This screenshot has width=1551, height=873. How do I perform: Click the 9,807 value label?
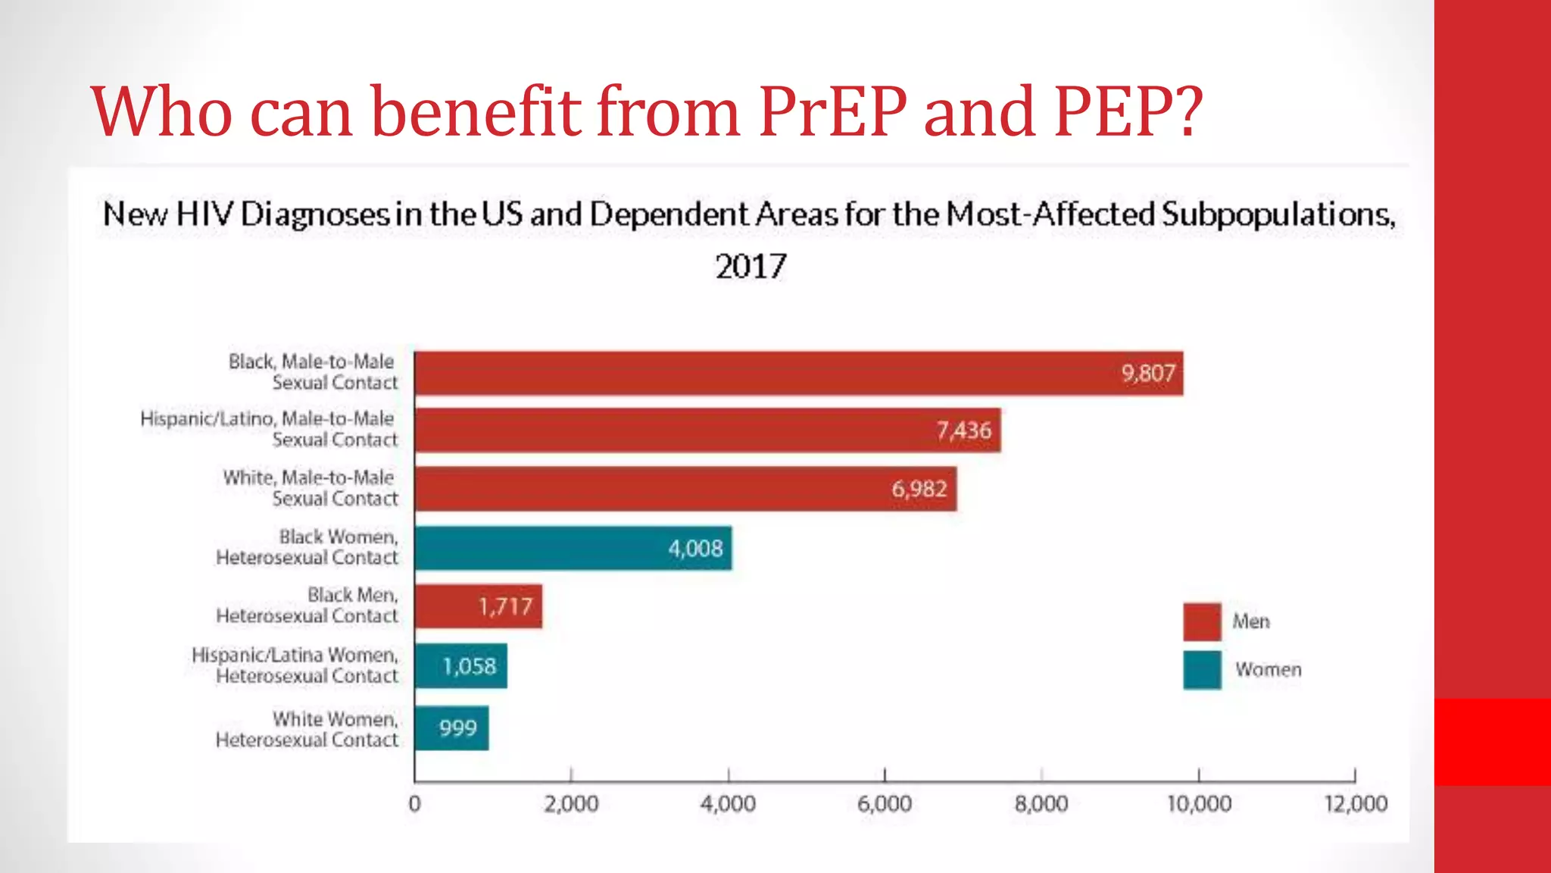(x=1148, y=373)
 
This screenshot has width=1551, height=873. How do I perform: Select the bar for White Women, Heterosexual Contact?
(x=451, y=728)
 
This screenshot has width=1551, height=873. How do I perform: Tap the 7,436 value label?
(x=963, y=430)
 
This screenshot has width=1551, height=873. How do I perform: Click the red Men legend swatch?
(x=1202, y=621)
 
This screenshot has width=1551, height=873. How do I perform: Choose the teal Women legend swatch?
(x=1202, y=670)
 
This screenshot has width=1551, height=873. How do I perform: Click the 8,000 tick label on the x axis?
(x=1041, y=804)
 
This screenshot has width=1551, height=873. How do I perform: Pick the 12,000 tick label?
(x=1356, y=804)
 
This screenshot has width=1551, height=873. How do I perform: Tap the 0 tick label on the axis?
(x=414, y=804)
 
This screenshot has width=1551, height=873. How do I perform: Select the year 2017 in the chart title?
(x=751, y=267)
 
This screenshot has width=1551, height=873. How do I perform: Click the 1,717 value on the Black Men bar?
(x=505, y=606)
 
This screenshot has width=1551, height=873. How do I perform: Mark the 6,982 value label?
(x=919, y=489)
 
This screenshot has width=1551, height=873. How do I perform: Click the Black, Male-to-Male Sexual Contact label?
(x=313, y=371)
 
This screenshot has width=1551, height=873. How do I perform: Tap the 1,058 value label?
(x=469, y=666)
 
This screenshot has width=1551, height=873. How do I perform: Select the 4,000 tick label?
(x=728, y=804)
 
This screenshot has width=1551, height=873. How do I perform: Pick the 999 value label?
(x=457, y=728)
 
